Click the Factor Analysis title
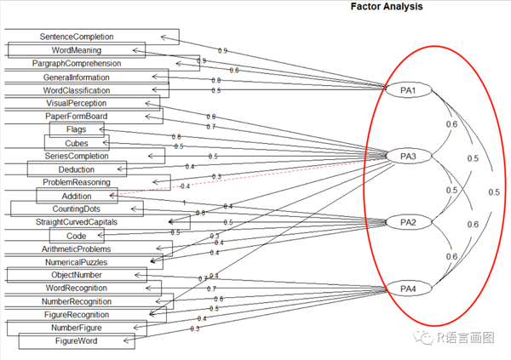tap(388, 6)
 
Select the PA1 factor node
tap(407, 90)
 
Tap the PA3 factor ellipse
tap(407, 157)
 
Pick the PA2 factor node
tap(407, 222)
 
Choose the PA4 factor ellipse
tap(407, 289)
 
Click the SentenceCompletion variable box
tap(89, 37)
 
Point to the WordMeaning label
tap(77, 50)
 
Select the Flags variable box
tap(75, 129)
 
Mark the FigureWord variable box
tap(77, 341)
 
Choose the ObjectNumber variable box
tap(77, 275)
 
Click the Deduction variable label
tap(77, 169)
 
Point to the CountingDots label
tap(77, 209)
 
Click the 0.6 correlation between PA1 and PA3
tap(452, 124)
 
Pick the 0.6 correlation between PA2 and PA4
tap(452, 256)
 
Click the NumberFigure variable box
tap(77, 328)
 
